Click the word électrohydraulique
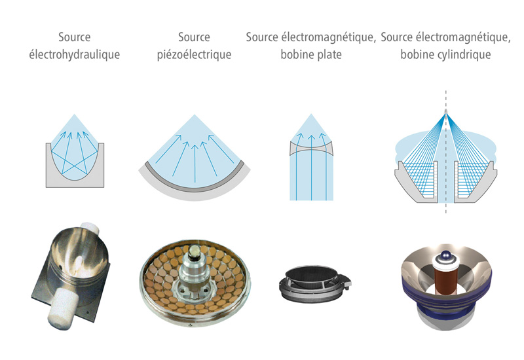click(75, 54)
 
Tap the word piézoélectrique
click(194, 54)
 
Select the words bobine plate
click(311, 54)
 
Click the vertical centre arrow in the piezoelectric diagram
click(195, 164)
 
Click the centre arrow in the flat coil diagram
click(312, 168)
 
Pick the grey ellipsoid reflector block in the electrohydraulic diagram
click(75, 181)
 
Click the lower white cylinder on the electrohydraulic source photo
click(62, 306)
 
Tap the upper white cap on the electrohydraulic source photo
click(90, 228)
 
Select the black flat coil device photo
click(315, 285)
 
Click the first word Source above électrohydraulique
click(75, 37)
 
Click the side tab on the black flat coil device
click(346, 281)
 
